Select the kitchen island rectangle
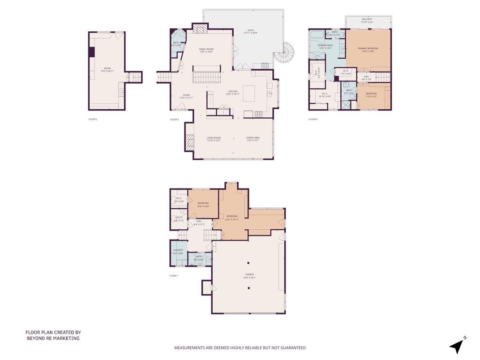[249, 93]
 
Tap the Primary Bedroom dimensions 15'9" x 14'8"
[368, 51]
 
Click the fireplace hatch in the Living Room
[190, 143]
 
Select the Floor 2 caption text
[93, 119]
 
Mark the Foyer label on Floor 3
[186, 95]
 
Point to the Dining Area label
[253, 138]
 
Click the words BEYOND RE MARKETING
[53, 338]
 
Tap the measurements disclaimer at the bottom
[240, 347]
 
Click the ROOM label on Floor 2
[107, 68]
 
